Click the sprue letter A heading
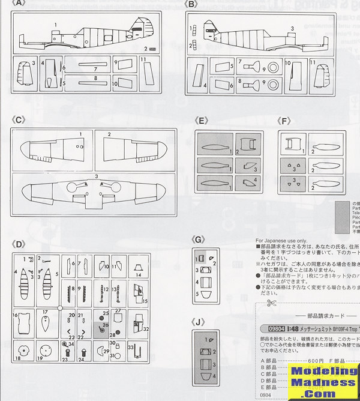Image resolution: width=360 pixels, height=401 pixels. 19,5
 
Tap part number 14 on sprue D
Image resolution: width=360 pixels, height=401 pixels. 139,276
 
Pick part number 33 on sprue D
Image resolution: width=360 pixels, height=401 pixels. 131,348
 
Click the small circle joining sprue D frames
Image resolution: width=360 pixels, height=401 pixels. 60,307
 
